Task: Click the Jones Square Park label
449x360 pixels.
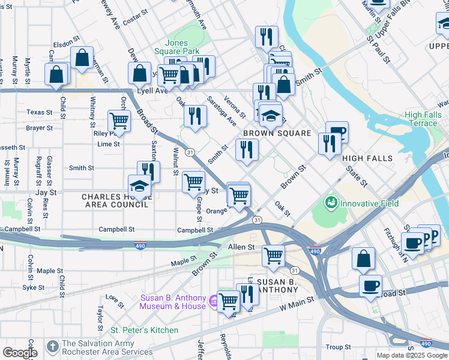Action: [x=185, y=47]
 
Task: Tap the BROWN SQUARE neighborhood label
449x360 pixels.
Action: [x=277, y=133]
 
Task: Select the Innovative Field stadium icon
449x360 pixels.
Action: [x=331, y=203]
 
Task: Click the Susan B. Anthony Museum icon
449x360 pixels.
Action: [x=214, y=299]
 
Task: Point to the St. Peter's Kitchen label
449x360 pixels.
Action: [x=144, y=330]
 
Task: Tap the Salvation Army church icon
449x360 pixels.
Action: [x=53, y=347]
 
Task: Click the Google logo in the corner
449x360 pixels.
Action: [x=20, y=353]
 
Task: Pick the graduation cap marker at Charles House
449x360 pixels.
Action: [x=139, y=186]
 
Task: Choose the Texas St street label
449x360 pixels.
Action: [x=40, y=112]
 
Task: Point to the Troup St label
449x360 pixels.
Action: [x=339, y=347]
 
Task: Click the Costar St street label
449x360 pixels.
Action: [x=135, y=20]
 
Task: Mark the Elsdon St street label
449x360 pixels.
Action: [x=62, y=44]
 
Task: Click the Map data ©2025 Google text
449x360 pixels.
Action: [x=412, y=355]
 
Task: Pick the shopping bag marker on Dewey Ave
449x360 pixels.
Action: [x=139, y=73]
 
